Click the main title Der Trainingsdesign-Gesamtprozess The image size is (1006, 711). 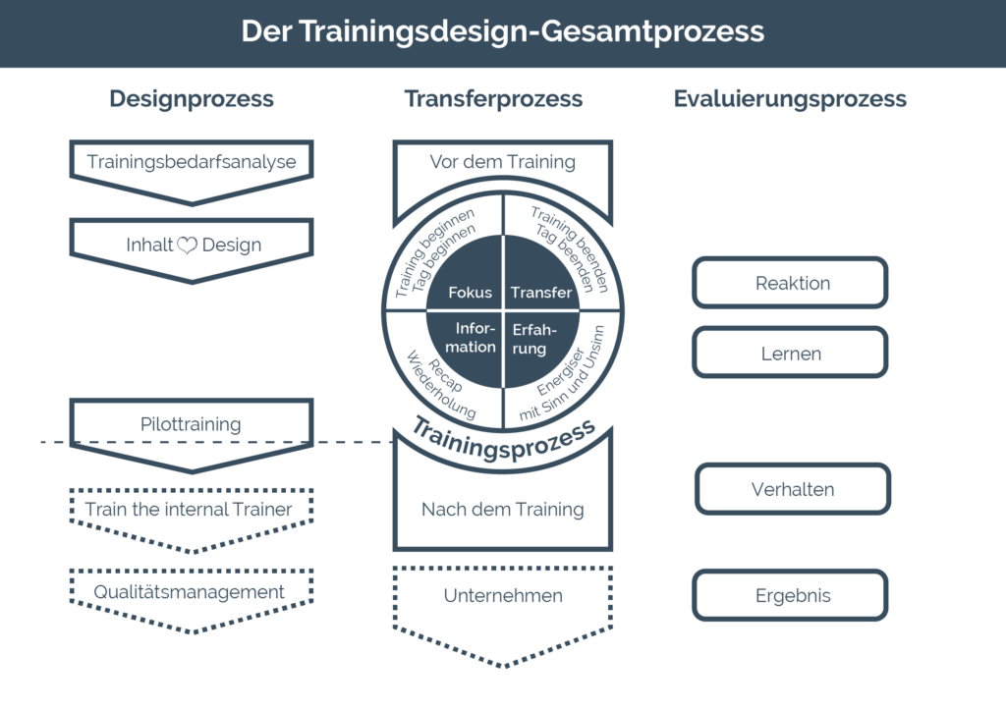pyautogui.click(x=502, y=31)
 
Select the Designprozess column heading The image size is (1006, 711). pyautogui.click(x=192, y=99)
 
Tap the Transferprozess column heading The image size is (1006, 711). pyautogui.click(x=493, y=99)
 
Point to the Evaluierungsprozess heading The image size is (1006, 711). pyautogui.click(x=790, y=99)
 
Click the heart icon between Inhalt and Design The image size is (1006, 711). pyautogui.click(x=188, y=245)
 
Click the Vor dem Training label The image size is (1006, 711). pyautogui.click(x=502, y=162)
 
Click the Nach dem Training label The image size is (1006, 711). pyautogui.click(x=502, y=509)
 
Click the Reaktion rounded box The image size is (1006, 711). pyautogui.click(x=790, y=283)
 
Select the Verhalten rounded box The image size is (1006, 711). pyautogui.click(x=793, y=489)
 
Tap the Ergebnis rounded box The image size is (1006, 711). pyautogui.click(x=790, y=595)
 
